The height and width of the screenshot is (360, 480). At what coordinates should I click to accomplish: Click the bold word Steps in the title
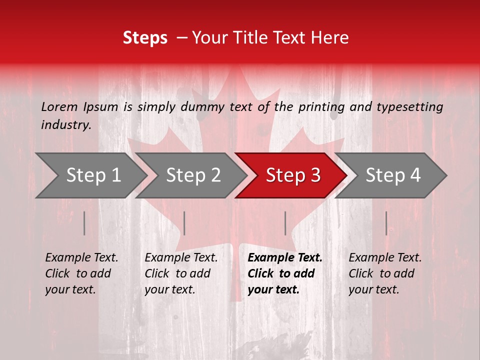[145, 38]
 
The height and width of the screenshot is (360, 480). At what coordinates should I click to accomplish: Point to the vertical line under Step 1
[84, 223]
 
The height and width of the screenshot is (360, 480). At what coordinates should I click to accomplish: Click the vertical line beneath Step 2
[184, 223]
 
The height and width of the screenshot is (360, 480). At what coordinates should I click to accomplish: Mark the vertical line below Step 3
[285, 223]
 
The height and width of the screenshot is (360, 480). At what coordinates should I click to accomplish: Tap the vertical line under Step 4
[386, 223]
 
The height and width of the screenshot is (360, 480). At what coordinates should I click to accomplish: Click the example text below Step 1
[81, 273]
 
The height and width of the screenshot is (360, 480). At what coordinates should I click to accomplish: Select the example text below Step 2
[181, 273]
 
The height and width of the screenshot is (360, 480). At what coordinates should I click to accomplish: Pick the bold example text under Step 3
[285, 273]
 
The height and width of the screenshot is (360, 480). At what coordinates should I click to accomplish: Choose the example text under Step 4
[385, 273]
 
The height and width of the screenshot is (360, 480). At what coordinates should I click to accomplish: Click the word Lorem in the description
[59, 107]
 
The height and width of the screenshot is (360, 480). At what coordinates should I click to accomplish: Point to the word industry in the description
[66, 125]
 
